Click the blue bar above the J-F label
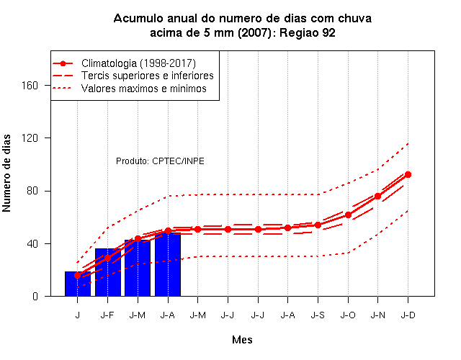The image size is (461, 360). click(107, 272)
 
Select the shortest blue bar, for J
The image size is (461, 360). click(78, 284)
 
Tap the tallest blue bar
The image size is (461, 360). click(168, 264)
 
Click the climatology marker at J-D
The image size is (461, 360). click(408, 174)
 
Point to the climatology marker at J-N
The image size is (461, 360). click(377, 196)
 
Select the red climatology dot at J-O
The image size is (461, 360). click(348, 215)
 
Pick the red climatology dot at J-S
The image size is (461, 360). click(318, 225)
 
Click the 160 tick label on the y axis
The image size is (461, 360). click(30, 85)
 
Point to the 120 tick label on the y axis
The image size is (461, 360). click(30, 138)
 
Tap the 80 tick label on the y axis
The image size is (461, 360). click(32, 191)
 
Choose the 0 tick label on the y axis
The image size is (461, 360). click(35, 296)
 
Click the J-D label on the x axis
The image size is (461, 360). click(408, 315)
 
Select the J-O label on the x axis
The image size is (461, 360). click(348, 315)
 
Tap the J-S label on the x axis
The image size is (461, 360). click(318, 315)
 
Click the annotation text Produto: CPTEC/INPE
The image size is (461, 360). click(160, 161)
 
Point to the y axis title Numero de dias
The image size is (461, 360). click(6, 173)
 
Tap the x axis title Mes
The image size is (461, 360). click(242, 340)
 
